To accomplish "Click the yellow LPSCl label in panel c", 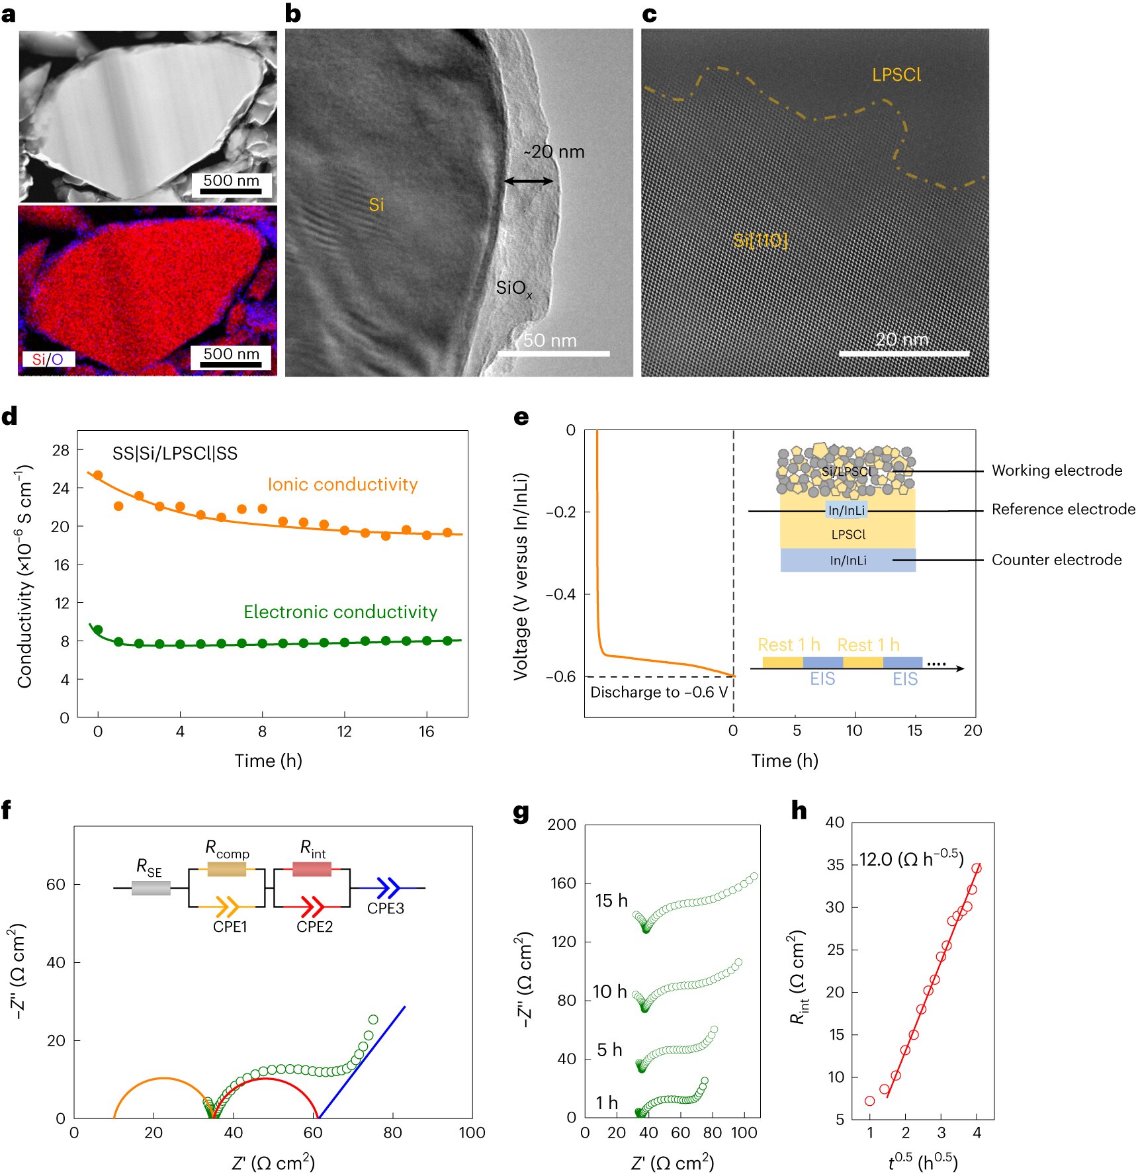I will [896, 75].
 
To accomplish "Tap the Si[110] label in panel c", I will [760, 240].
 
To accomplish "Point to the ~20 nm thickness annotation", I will [554, 152].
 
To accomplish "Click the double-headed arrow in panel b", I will [529, 181].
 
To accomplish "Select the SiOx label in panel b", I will [513, 289].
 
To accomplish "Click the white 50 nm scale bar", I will [553, 353].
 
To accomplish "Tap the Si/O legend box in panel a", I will [48, 359].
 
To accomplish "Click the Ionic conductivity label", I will [342, 484].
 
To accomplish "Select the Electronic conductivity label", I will [340, 611].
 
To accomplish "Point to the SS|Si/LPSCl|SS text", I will [175, 453].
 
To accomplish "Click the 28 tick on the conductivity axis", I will [61, 451].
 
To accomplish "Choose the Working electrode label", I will [1057, 471].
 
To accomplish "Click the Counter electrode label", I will [1057, 560].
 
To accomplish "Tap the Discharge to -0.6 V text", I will [659, 692].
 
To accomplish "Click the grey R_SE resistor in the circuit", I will [151, 887].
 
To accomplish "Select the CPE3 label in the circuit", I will [385, 908].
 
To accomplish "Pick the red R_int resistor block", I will [312, 869].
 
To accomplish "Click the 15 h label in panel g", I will [611, 901].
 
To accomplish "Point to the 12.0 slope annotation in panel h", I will [911, 859].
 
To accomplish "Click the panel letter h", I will [799, 810].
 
